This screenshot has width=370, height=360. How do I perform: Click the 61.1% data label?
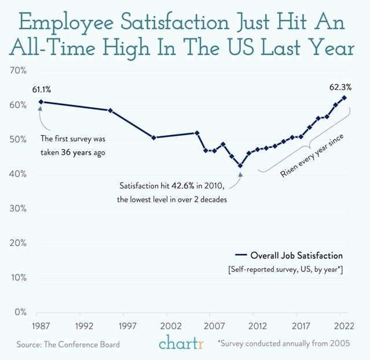[42, 89]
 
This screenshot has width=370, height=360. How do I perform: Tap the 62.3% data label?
[340, 88]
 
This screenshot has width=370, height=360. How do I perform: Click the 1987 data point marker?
[41, 102]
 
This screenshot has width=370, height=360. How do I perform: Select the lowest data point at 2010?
[240, 166]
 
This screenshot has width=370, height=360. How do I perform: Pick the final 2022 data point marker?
[345, 98]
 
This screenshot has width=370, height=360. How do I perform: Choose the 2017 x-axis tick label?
[301, 326]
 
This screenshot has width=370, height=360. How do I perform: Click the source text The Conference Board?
[68, 344]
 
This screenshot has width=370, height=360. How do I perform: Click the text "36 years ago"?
[87, 152]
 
